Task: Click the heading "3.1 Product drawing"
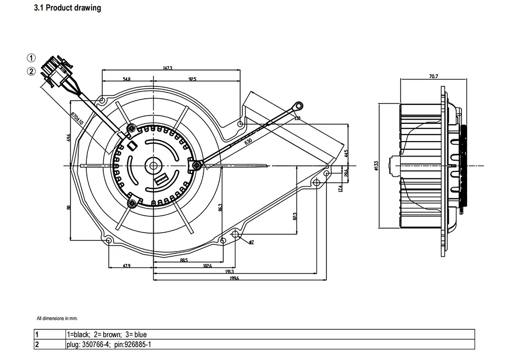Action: click(x=67, y=8)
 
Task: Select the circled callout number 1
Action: click(x=32, y=57)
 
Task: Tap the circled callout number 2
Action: click(x=32, y=72)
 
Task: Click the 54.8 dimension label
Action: click(x=127, y=79)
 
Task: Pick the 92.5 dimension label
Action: click(x=192, y=79)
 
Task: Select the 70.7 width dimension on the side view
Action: click(x=433, y=76)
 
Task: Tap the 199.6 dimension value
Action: click(x=233, y=278)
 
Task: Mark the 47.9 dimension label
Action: click(x=127, y=266)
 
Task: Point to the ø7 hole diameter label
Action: click(x=251, y=242)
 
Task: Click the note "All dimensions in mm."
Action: click(x=57, y=319)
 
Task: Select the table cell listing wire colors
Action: click(x=100, y=334)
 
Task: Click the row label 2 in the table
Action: click(x=37, y=345)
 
